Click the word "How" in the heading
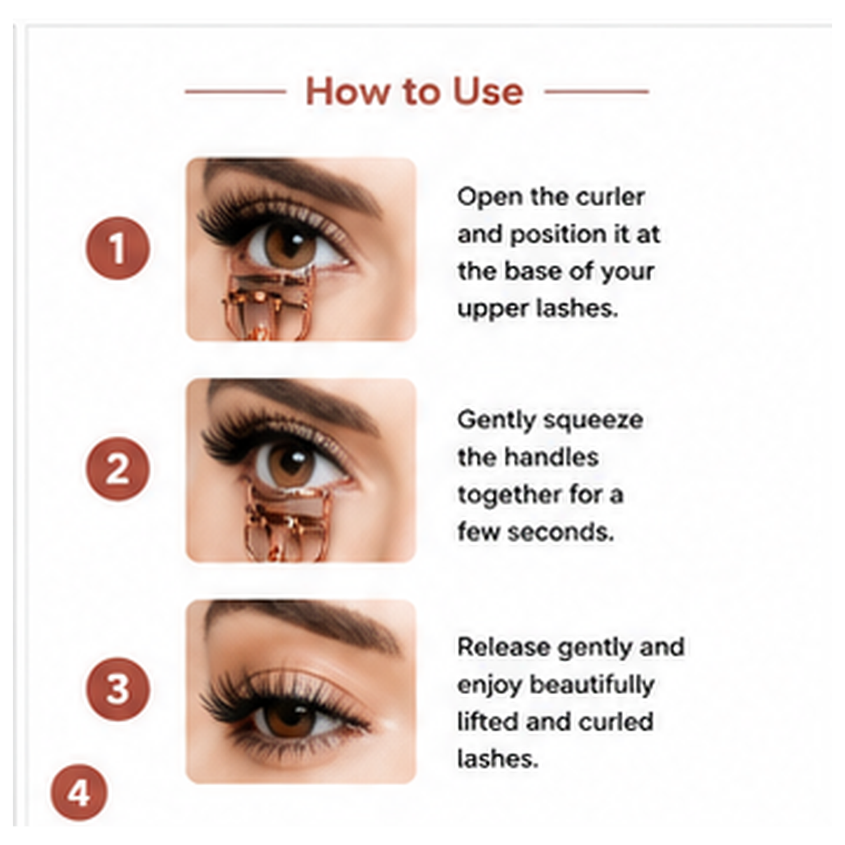pos(348,92)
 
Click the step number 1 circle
pos(118,248)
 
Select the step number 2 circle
pos(118,468)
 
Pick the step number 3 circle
pos(118,689)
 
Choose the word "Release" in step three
pos(504,647)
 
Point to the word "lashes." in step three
pos(497,759)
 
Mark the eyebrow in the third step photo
pos(300,622)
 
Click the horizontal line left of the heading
pos(236,92)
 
